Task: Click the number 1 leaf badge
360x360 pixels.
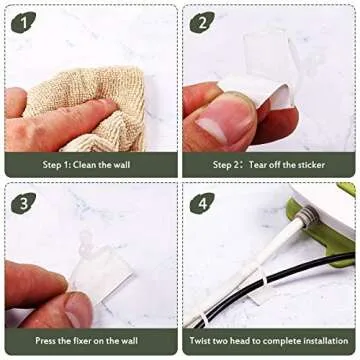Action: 23,22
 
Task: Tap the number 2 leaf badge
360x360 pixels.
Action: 202,22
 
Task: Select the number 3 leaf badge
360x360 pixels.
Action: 23,203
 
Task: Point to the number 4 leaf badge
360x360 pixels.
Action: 202,203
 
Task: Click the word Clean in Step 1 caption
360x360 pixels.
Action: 85,164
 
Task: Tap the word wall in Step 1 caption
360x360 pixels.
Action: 122,164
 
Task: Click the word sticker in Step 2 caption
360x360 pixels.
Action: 310,164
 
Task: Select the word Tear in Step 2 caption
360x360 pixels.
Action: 258,164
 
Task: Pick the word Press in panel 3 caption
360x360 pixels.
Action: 46,341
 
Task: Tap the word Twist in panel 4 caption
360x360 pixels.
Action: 201,341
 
